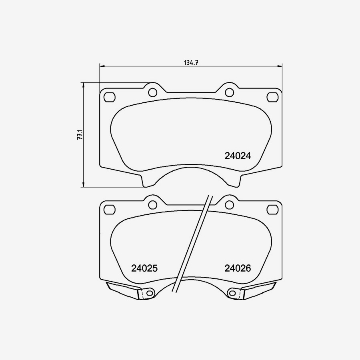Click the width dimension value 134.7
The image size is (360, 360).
click(191, 62)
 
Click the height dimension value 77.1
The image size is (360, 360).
click(80, 134)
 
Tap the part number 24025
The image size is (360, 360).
click(144, 268)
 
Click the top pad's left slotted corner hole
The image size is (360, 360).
click(109, 97)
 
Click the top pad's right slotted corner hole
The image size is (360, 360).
click(272, 97)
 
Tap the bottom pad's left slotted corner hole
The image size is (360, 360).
click(109, 209)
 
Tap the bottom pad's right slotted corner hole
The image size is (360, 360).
click(272, 209)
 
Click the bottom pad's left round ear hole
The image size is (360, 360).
click(152, 205)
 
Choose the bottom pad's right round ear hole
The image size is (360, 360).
click(229, 205)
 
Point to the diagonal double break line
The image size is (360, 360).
click(191, 244)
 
